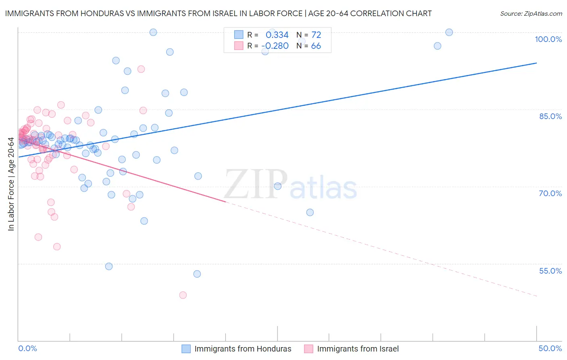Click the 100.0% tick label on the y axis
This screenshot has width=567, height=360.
coord(548,39)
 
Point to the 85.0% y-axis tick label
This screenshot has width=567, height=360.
coord(550,116)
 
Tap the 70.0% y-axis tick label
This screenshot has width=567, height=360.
coord(550,193)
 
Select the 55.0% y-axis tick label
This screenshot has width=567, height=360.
coord(550,271)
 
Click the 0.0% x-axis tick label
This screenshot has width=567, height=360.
coord(27,348)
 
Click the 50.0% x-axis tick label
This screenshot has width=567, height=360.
coord(550,348)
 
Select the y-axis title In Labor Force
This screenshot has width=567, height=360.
coord(11,184)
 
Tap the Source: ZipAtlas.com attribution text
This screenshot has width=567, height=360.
coord(531,13)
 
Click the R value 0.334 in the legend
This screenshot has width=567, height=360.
coord(277,35)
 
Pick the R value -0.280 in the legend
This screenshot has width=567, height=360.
coord(275,46)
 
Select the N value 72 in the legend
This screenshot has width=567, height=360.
coord(316,35)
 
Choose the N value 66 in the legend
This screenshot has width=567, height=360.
coord(316,46)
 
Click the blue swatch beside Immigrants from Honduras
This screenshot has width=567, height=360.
coord(186,349)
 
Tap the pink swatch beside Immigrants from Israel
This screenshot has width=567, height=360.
coord(309,349)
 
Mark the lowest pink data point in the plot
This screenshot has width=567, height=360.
coord(183,295)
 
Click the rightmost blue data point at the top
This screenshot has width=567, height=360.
coord(449,32)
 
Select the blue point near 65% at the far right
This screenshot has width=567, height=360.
coord(310,212)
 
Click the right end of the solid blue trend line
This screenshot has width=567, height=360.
coord(536,63)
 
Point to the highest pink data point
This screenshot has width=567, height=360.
coord(141,69)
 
